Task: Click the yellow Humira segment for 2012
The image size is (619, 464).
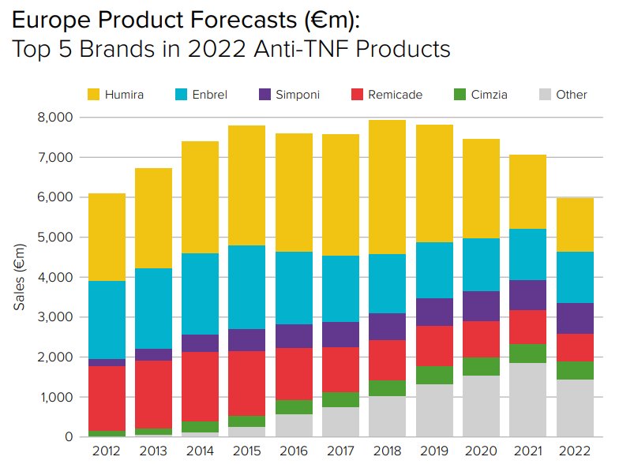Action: tap(107, 237)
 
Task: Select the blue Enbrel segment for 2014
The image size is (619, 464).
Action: tap(200, 294)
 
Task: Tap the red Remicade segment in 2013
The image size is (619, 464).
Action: tap(153, 395)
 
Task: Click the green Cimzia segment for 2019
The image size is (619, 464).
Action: tap(433, 375)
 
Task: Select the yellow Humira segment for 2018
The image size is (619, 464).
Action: tap(387, 187)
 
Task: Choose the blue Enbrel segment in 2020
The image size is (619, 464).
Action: tap(480, 264)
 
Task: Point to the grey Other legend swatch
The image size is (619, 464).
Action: tap(544, 95)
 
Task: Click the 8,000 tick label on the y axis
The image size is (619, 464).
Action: tap(55, 118)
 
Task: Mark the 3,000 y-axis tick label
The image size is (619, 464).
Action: tap(55, 317)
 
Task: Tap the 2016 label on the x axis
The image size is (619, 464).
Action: tap(294, 451)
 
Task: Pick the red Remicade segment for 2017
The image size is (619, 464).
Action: tap(340, 369)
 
